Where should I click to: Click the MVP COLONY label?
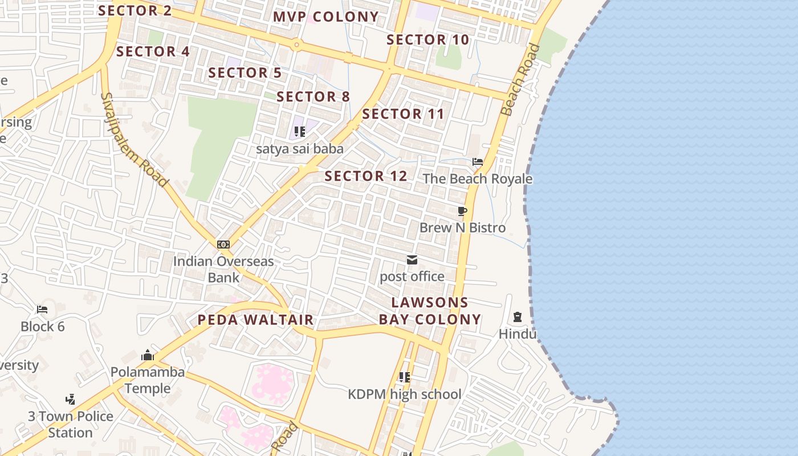325,17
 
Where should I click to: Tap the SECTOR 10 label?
427,39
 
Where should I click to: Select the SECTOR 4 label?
153,51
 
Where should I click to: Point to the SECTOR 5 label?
245,73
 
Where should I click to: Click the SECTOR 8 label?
313,96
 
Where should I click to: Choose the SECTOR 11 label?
403,114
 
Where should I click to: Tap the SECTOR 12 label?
366,176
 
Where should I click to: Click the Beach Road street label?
519,80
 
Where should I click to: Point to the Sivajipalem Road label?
134,140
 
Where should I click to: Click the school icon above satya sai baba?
300,132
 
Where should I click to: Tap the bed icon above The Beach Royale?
478,162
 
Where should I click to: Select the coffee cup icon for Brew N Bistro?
462,211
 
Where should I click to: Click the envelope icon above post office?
412,260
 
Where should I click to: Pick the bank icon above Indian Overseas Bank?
223,245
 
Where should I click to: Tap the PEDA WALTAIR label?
255,320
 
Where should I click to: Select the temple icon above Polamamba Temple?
148,355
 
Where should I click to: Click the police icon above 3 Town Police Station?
71,399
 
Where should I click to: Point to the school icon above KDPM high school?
405,377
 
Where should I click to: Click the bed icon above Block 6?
42,310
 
